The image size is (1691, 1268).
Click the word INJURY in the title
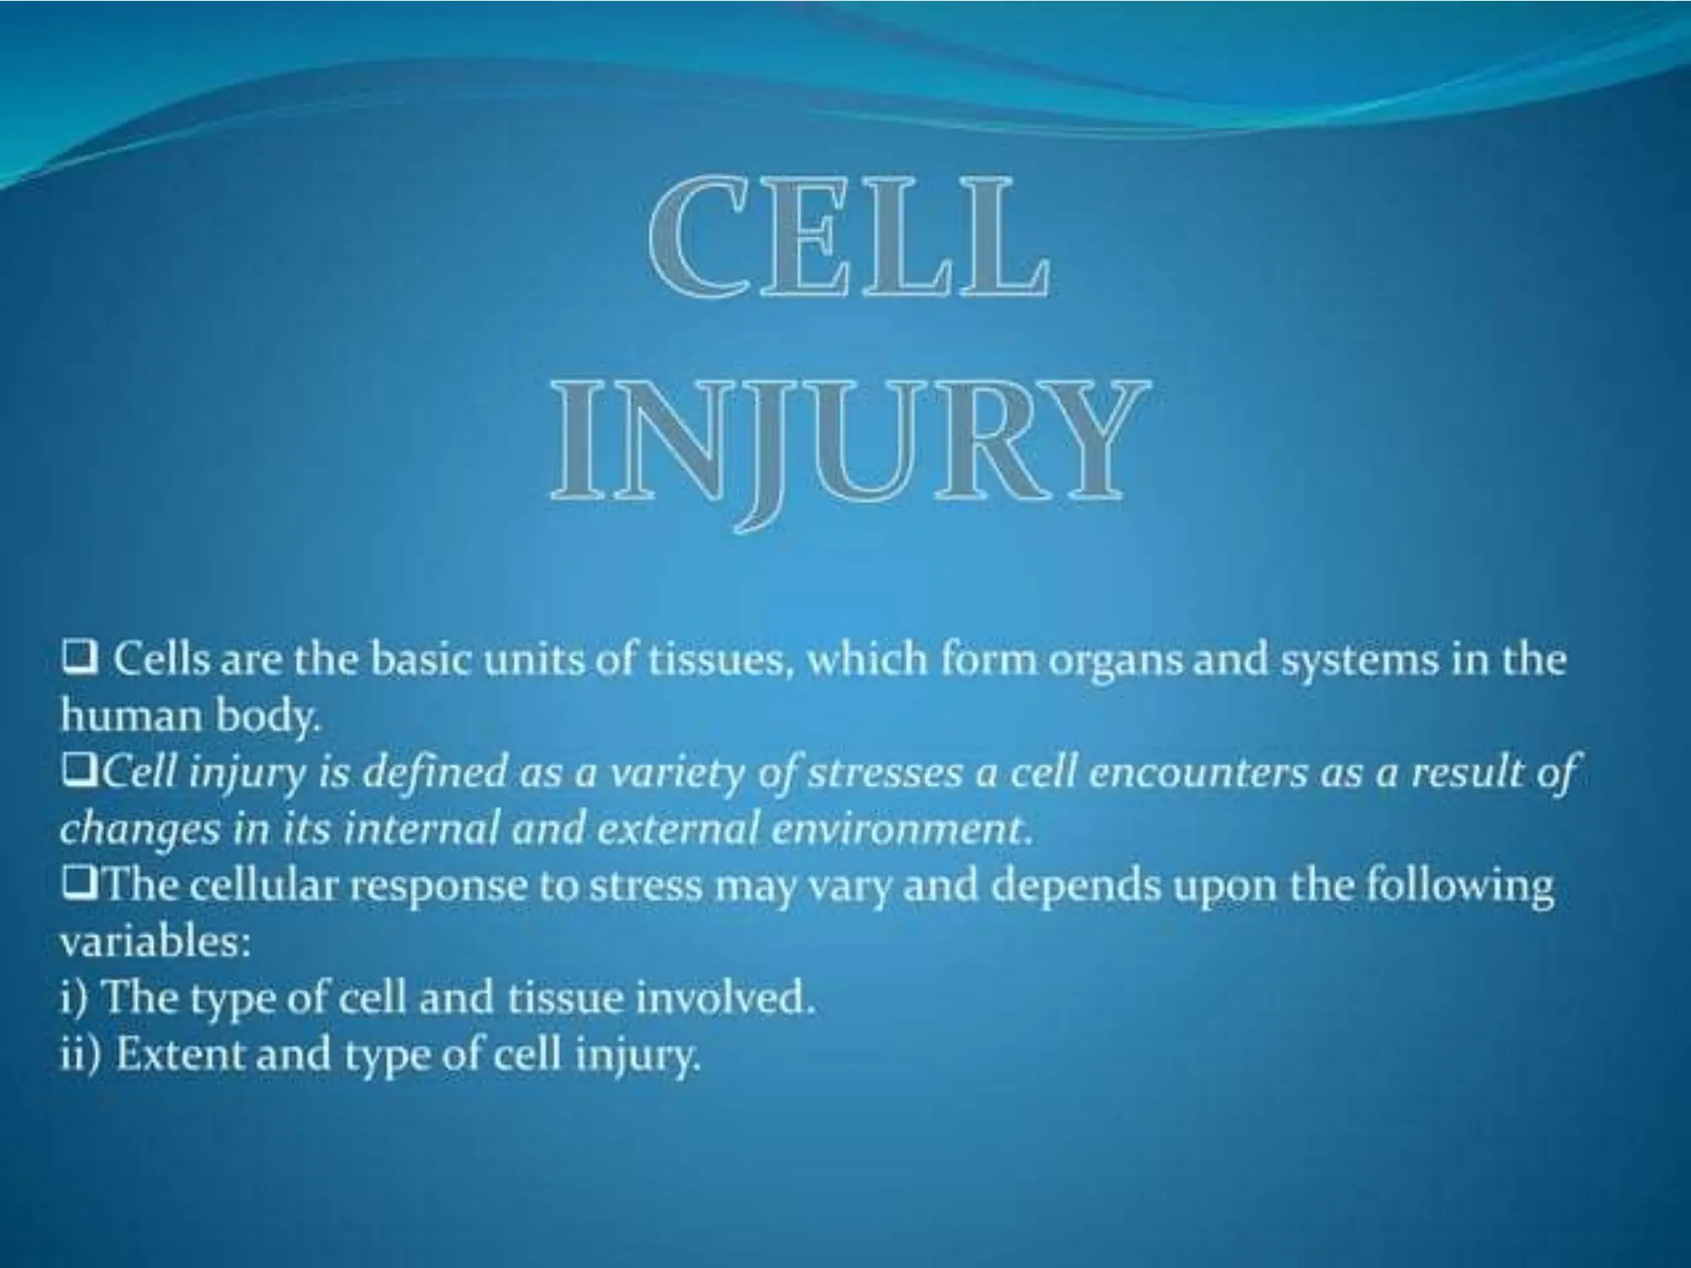coord(849,446)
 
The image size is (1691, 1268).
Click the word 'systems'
coord(1352,662)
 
